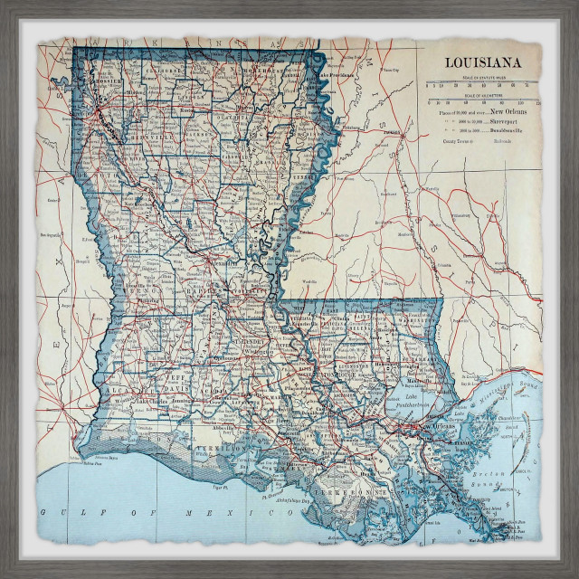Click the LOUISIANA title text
tap(480, 62)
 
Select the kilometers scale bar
tap(482, 100)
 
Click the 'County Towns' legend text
tap(456, 141)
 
